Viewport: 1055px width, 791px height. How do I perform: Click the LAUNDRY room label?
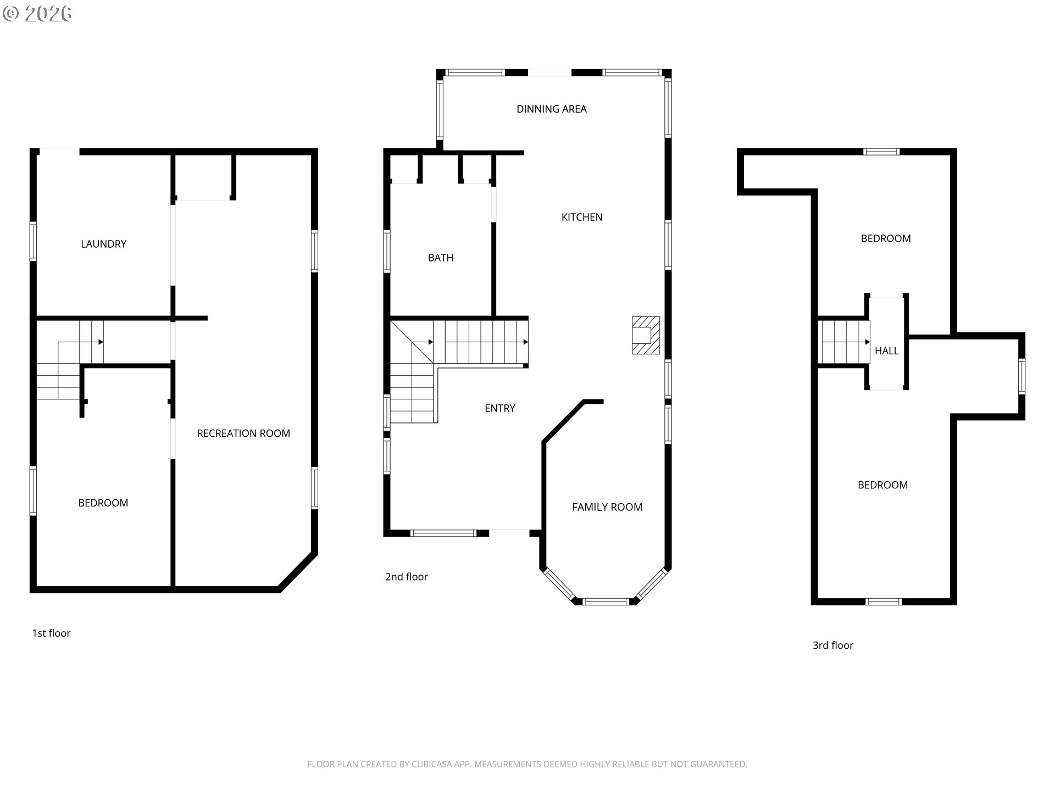point(103,244)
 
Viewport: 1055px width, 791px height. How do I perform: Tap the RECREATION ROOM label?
point(243,433)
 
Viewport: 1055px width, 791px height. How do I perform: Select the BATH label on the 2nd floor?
point(441,258)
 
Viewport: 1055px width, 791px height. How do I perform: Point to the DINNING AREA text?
point(552,109)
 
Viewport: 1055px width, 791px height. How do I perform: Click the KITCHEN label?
point(582,218)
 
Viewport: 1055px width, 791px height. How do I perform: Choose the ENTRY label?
point(500,409)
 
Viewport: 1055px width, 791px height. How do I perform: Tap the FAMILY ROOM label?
point(607,508)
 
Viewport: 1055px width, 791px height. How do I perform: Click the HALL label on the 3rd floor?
point(887,351)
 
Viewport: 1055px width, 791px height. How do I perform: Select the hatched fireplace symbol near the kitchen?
point(646,335)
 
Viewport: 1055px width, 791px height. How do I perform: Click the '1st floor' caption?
point(51,633)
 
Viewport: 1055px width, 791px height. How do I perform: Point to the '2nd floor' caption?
point(406,577)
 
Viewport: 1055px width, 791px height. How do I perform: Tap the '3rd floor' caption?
point(833,645)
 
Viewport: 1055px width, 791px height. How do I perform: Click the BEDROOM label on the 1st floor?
point(103,503)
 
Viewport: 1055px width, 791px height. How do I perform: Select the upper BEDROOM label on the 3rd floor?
point(886,239)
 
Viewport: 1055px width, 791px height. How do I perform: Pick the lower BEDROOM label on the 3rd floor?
point(882,485)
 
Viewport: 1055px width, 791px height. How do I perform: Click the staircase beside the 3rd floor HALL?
point(845,342)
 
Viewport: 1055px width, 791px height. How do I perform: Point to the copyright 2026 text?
point(37,14)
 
